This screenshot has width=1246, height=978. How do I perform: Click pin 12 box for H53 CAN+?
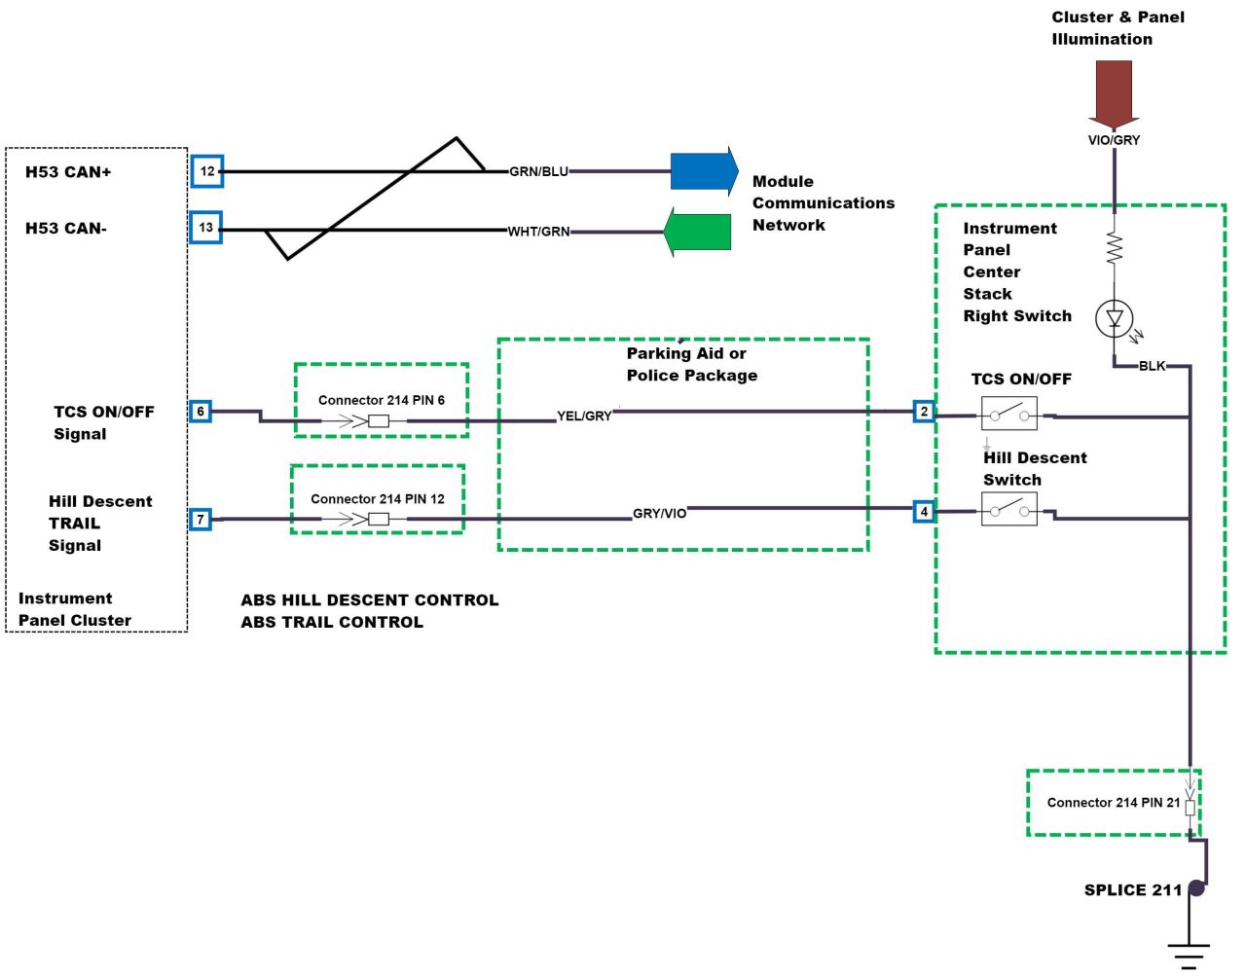click(x=207, y=171)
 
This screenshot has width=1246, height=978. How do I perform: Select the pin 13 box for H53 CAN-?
click(x=206, y=228)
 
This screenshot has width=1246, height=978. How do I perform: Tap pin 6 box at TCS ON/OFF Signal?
click(x=201, y=412)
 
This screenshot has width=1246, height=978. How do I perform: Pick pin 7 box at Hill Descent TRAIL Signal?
click(x=201, y=520)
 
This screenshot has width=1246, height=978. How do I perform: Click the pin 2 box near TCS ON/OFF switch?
click(x=925, y=412)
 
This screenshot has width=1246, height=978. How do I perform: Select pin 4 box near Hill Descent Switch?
click(x=925, y=512)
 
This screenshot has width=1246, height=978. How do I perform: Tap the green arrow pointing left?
click(x=698, y=232)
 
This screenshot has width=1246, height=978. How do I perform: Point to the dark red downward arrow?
click(x=1114, y=93)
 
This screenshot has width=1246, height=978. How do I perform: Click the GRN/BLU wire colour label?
click(x=538, y=172)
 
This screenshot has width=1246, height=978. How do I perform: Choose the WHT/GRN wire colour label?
click(x=538, y=232)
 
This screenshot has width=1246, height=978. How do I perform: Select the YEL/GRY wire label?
click(x=584, y=417)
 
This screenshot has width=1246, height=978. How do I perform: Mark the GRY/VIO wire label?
click(x=659, y=514)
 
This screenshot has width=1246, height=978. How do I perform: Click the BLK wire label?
click(x=1152, y=367)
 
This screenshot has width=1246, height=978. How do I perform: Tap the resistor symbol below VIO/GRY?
click(x=1115, y=248)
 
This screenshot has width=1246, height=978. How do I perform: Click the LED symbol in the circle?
click(x=1115, y=318)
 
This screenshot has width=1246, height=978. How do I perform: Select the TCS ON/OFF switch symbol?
click(x=1008, y=415)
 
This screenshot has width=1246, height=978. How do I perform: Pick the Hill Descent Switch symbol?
click(x=1008, y=509)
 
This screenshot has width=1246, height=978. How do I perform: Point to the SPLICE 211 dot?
click(x=1196, y=888)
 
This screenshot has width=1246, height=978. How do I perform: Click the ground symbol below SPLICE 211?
click(x=1189, y=954)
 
